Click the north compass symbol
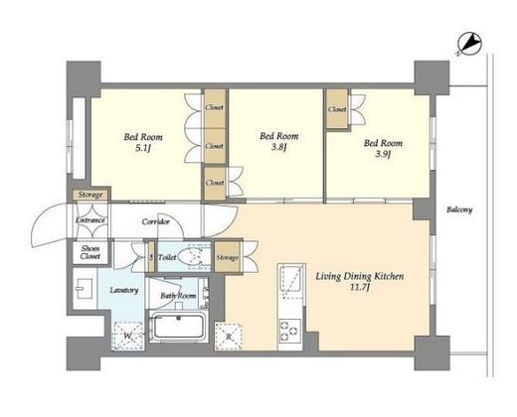point(469,44)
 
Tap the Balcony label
point(459,209)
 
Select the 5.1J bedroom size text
point(143,149)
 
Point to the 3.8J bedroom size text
point(278,148)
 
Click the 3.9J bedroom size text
point(383,155)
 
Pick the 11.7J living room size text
point(360,288)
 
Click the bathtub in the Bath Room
point(179,327)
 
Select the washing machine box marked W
point(127,337)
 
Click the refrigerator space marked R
point(229,337)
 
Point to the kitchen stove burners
point(289,330)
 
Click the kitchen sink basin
point(291,278)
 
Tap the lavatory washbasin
point(85,289)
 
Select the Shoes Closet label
point(90,252)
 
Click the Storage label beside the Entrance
point(90,195)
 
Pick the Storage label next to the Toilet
point(227,258)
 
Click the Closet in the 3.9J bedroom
point(337,109)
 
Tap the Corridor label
point(156,221)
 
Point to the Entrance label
point(90,220)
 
